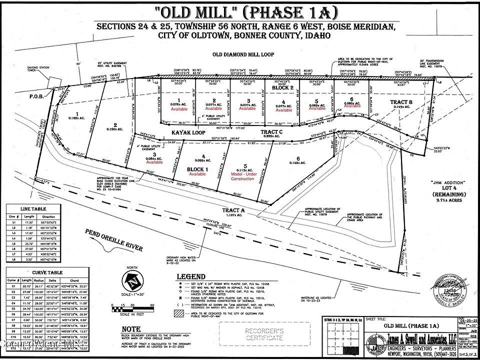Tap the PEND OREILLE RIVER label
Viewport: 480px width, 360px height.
point(113,240)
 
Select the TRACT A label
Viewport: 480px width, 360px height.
point(233,211)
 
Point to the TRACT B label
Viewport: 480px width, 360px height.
point(401,102)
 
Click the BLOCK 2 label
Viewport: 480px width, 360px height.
point(282,87)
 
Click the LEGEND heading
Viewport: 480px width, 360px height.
point(190,276)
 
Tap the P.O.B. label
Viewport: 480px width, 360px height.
point(36,97)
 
